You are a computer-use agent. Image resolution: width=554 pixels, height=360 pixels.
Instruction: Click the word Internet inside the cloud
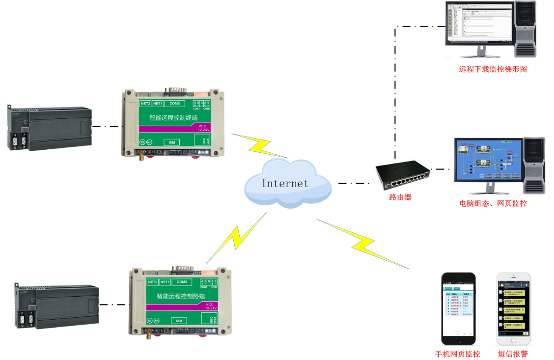click(x=285, y=183)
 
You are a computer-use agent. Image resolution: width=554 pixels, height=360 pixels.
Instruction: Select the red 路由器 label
click(x=400, y=197)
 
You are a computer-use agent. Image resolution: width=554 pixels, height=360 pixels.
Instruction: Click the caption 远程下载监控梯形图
click(x=493, y=69)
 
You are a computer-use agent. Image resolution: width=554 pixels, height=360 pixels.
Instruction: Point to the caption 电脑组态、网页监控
click(x=493, y=203)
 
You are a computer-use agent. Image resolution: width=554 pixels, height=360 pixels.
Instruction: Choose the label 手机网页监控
click(x=457, y=354)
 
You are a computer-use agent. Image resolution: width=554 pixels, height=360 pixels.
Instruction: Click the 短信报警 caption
click(x=513, y=354)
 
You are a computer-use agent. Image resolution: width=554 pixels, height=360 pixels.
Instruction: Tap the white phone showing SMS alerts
click(x=514, y=308)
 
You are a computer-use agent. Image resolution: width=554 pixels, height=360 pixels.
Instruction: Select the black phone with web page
click(x=458, y=308)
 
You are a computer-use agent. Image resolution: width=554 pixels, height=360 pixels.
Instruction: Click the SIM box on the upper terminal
click(x=172, y=142)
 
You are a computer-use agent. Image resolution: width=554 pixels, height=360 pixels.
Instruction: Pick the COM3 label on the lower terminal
click(x=181, y=282)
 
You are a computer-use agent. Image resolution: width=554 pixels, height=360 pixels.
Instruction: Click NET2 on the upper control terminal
click(x=145, y=104)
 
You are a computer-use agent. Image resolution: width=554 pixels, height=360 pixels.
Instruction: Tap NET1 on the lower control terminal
click(x=165, y=282)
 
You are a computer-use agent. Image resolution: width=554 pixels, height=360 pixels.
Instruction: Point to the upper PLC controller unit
click(x=49, y=128)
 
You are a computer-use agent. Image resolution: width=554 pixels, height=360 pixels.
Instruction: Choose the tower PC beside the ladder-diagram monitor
click(x=525, y=29)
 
